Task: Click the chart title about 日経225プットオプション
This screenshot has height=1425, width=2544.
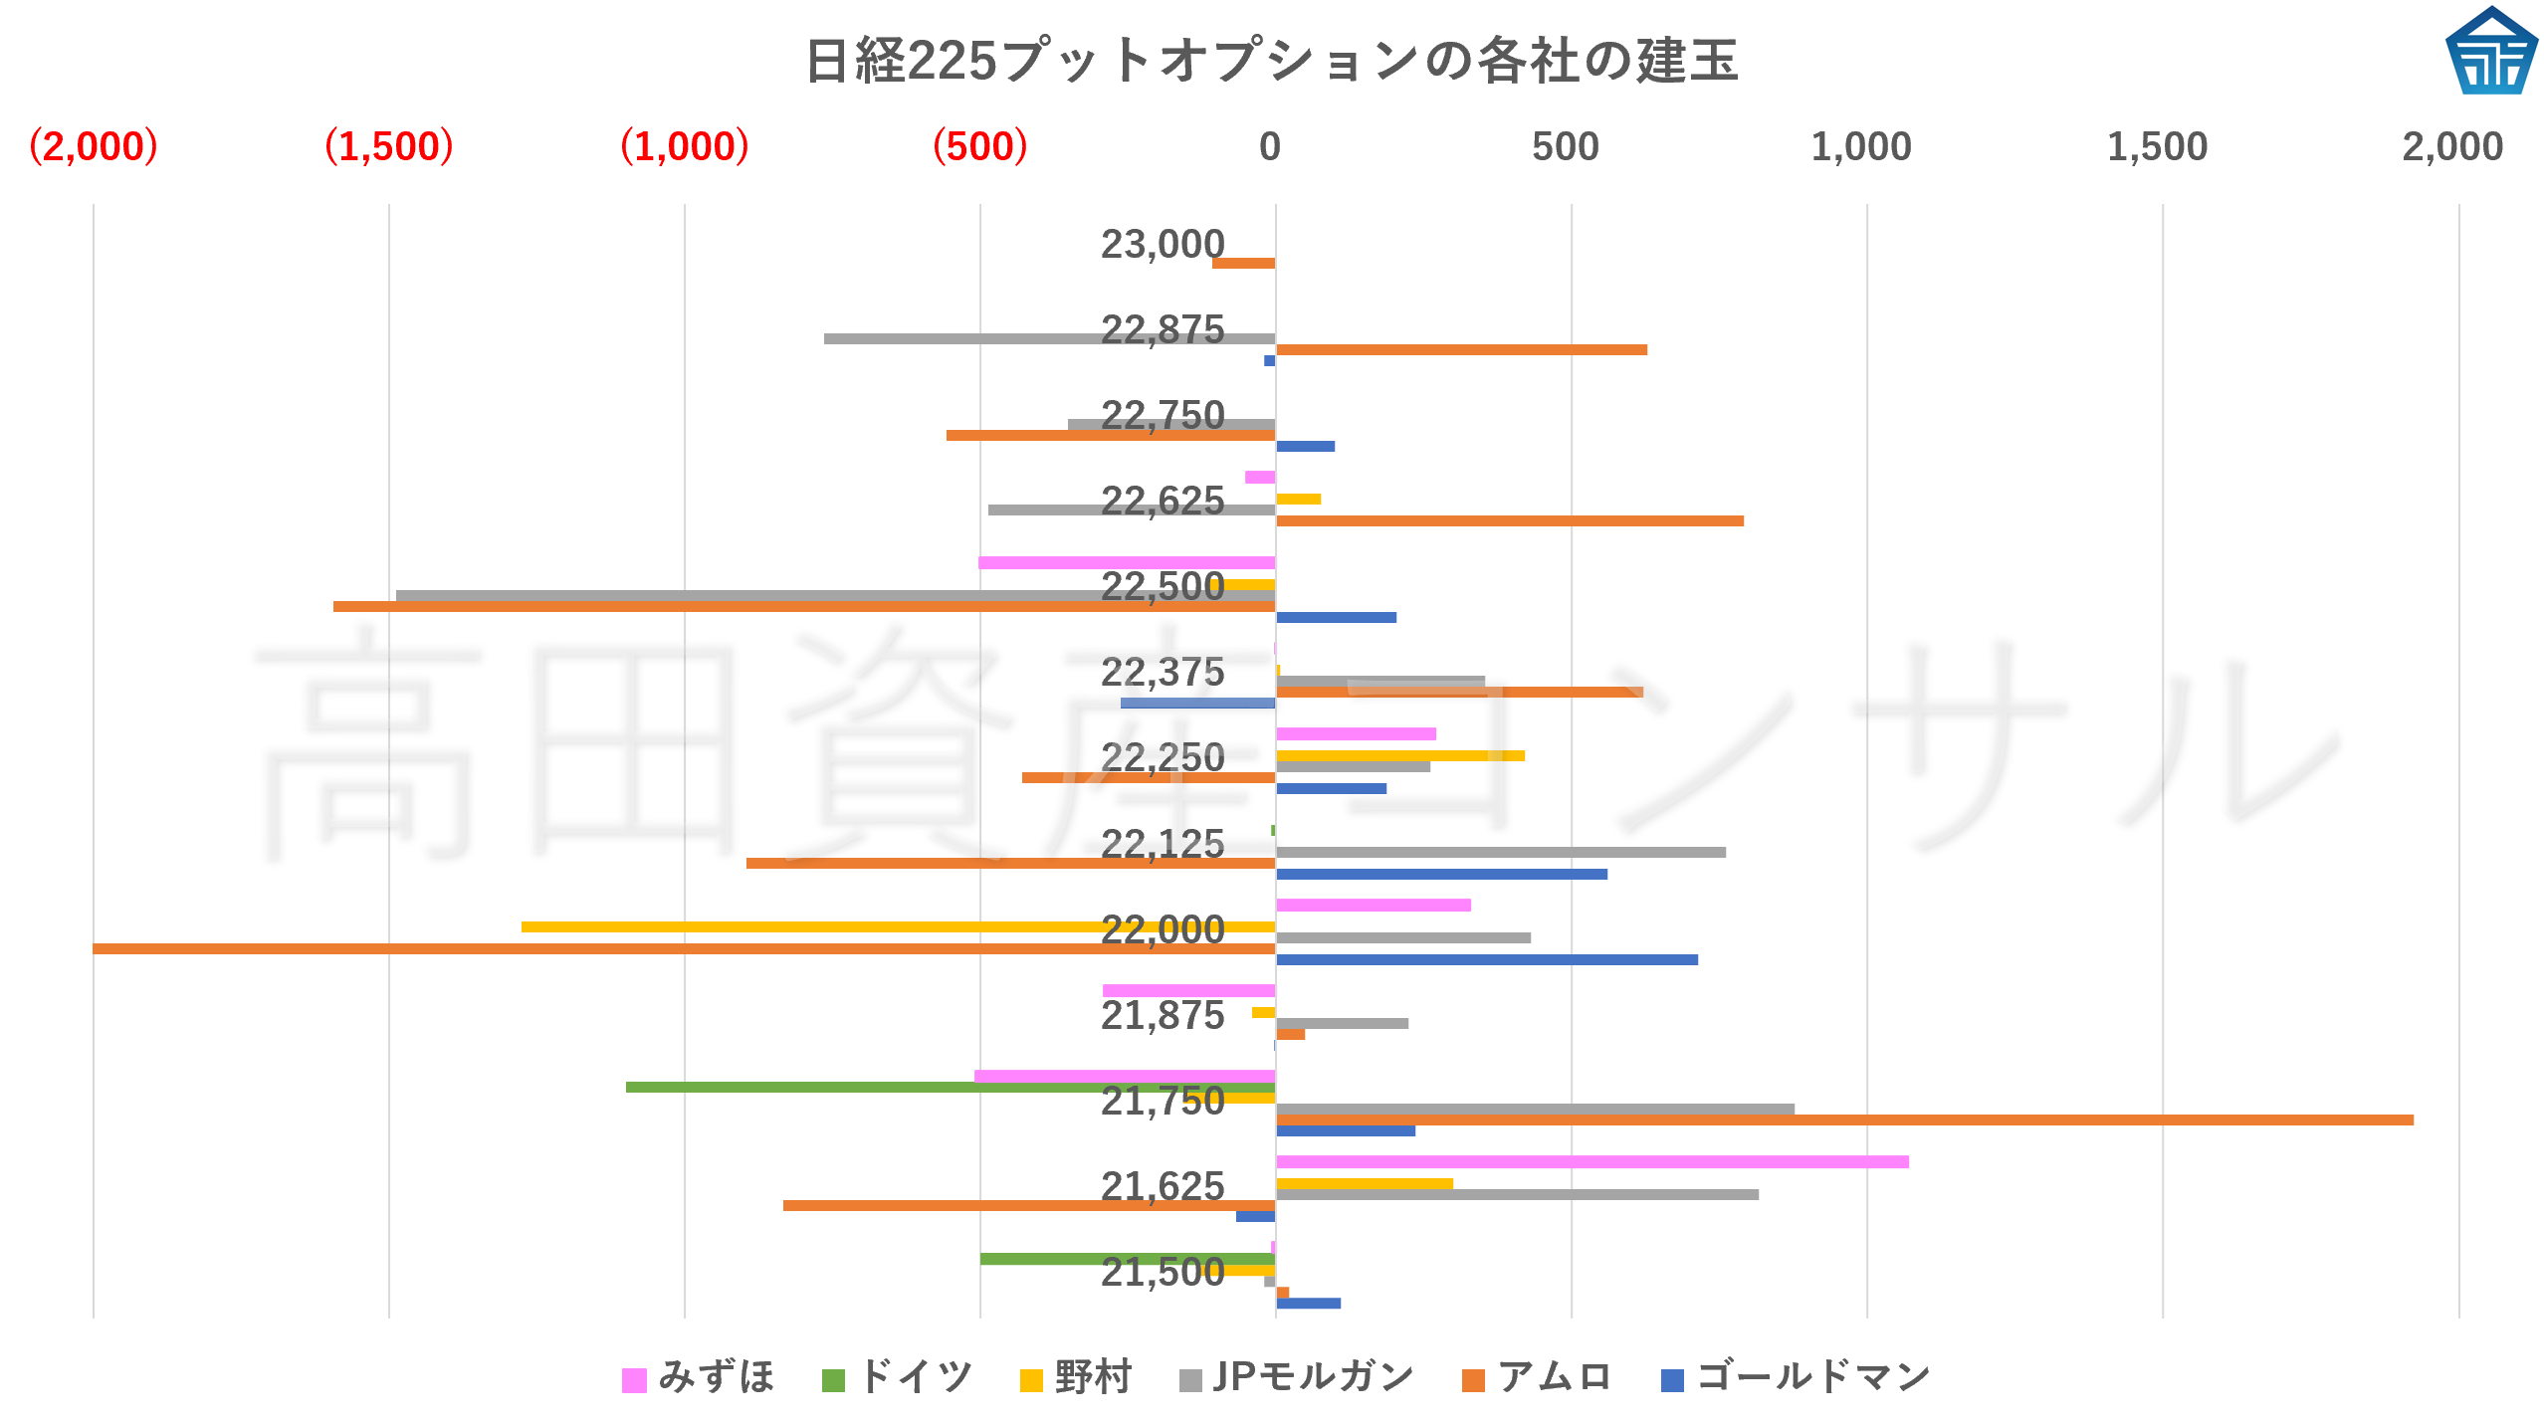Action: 1271,61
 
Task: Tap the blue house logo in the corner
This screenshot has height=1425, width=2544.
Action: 2490,52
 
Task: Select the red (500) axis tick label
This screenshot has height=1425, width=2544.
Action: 979,146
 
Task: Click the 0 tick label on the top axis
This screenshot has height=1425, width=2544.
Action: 1269,146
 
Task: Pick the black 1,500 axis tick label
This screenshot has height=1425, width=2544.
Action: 2157,146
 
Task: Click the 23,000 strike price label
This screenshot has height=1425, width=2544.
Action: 1163,244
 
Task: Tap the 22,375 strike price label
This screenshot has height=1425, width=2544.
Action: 1163,673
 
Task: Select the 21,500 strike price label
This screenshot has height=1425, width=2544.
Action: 1163,1272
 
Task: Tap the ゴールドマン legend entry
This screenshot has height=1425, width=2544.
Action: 1797,1377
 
